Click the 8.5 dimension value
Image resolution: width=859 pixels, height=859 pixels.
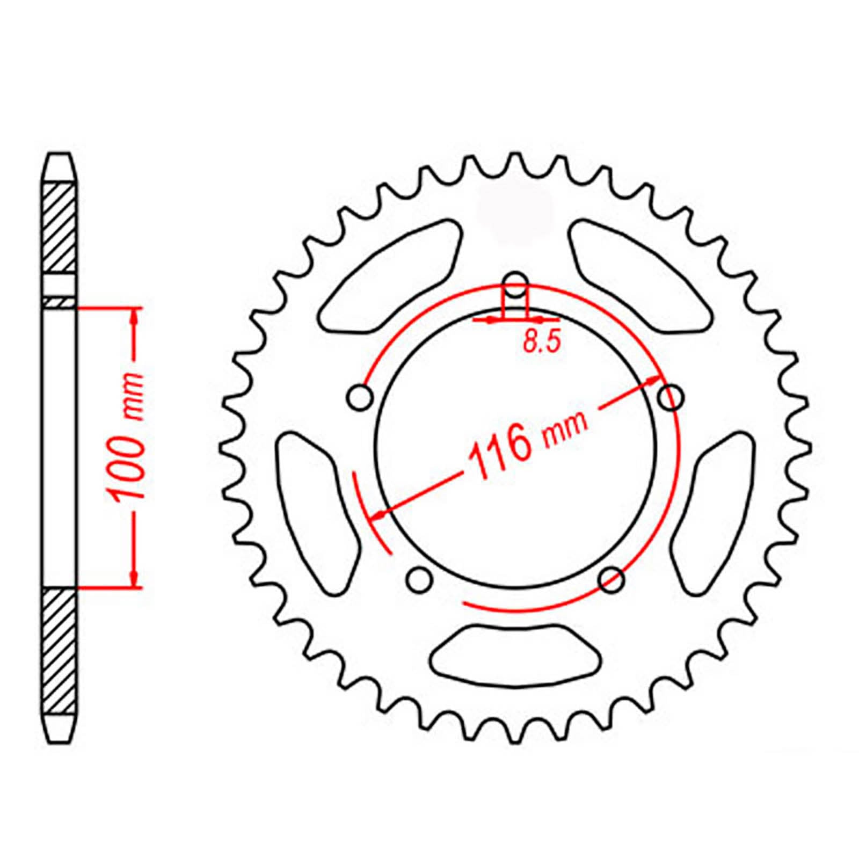tap(541, 341)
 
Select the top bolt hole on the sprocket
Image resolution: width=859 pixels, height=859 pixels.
tap(516, 285)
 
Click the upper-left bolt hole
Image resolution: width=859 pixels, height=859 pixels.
tap(360, 398)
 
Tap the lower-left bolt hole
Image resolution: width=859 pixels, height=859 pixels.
tap(419, 579)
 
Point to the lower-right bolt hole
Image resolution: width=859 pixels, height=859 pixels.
tap(612, 579)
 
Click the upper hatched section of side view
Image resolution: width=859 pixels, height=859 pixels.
tap(59, 228)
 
